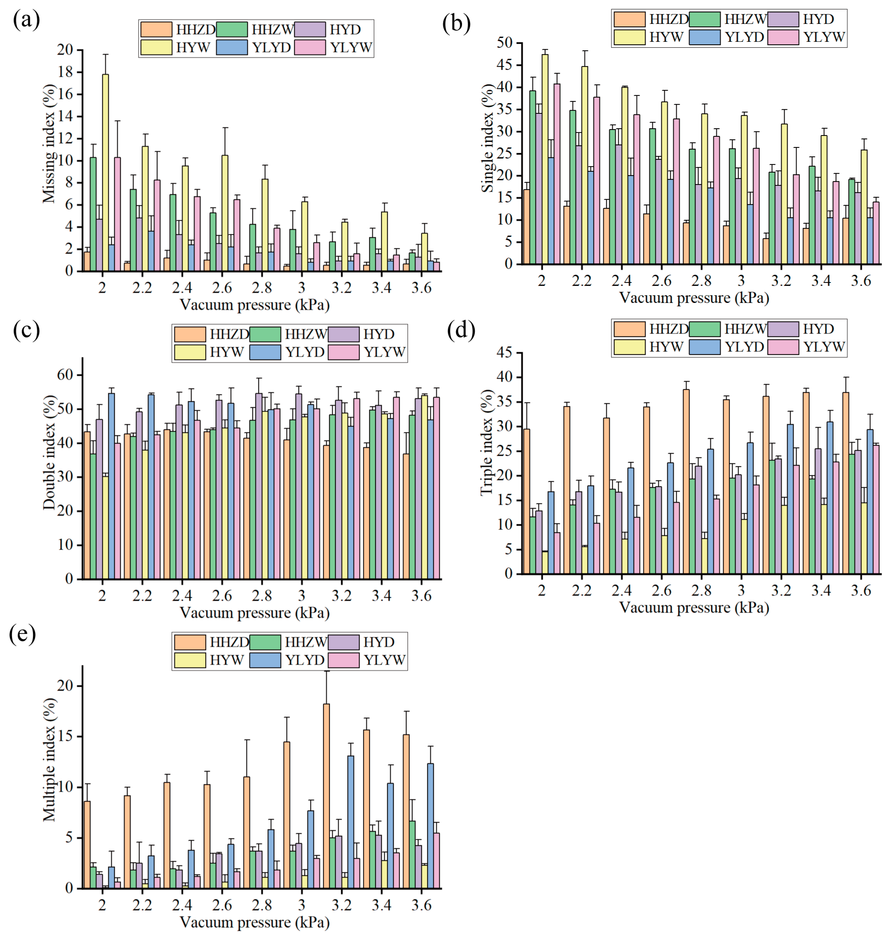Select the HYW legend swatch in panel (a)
click(x=156, y=47)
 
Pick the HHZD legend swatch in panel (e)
click(x=189, y=642)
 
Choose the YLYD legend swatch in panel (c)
click(x=265, y=352)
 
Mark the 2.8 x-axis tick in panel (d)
click(x=701, y=591)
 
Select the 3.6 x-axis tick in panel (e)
click(x=421, y=905)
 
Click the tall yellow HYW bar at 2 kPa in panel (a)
click(x=105, y=172)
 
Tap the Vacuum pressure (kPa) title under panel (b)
click(x=694, y=298)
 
